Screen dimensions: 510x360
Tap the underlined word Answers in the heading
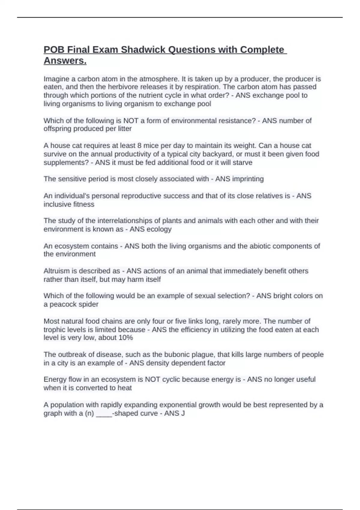tap(65, 61)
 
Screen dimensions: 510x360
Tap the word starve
tap(242, 162)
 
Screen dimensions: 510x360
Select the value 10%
tap(125, 337)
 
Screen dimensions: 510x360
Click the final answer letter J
tap(183, 413)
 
